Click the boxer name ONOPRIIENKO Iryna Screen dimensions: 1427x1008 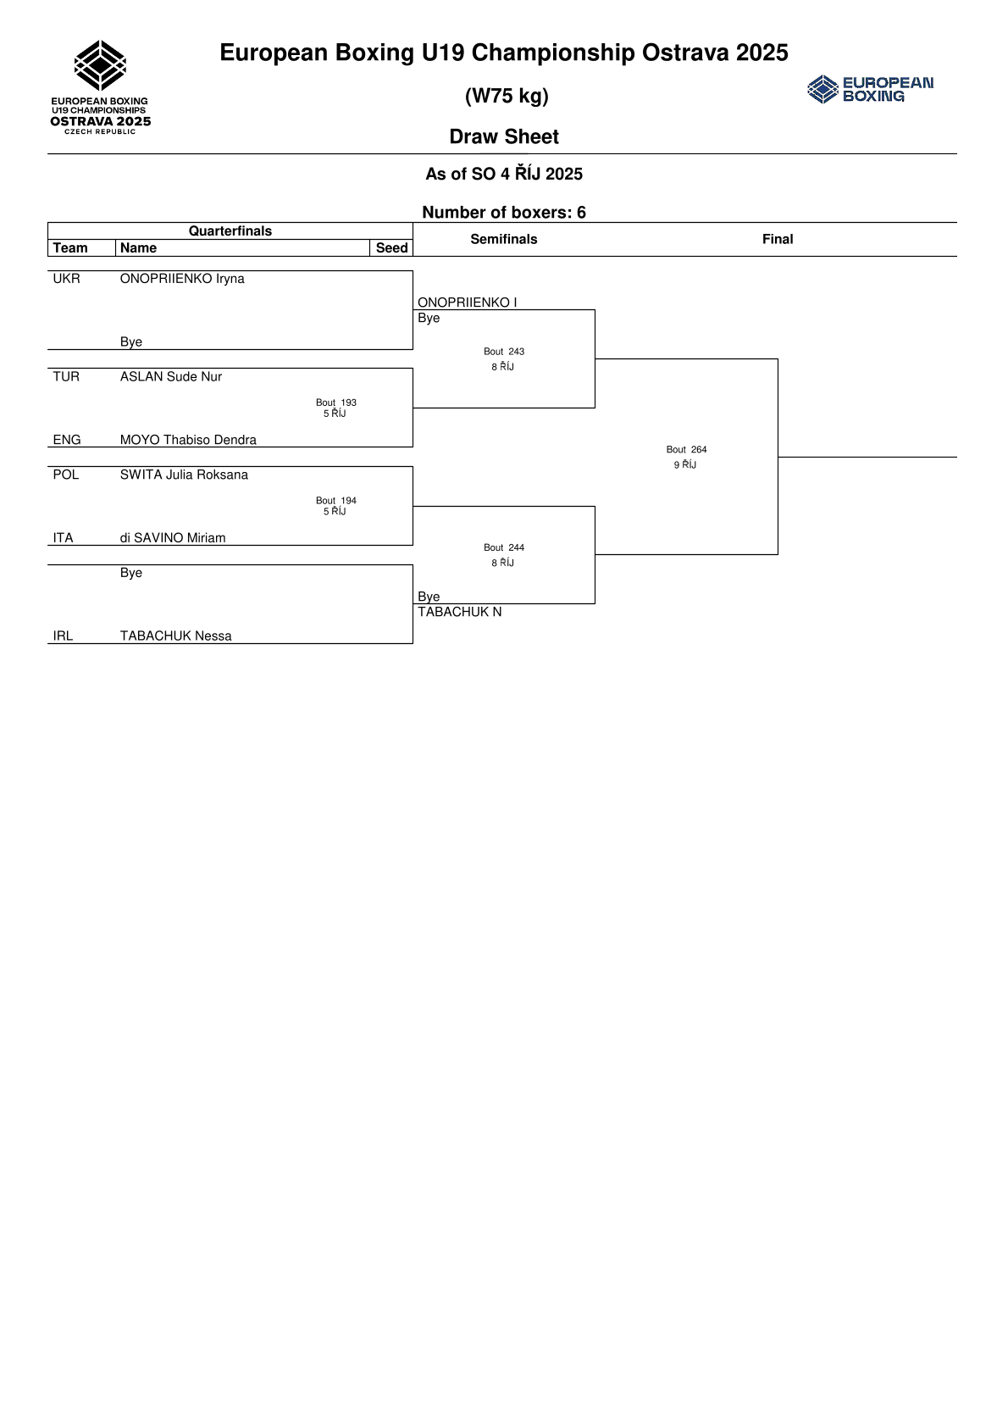click(x=182, y=279)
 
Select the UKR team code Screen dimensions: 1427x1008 click(x=66, y=279)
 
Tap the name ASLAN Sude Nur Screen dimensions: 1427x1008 click(x=171, y=377)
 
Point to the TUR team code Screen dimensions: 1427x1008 click(x=66, y=377)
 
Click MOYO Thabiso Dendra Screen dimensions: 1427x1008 click(x=188, y=440)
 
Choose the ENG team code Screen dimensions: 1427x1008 click(x=67, y=440)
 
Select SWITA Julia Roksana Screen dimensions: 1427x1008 click(x=184, y=475)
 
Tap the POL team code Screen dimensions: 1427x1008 click(x=66, y=475)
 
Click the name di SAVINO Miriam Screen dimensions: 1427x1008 click(x=173, y=538)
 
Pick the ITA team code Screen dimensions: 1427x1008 click(x=64, y=538)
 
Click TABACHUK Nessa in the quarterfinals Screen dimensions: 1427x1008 click(x=175, y=636)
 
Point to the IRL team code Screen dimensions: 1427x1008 click(x=64, y=636)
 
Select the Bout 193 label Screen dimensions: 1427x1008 click(x=336, y=403)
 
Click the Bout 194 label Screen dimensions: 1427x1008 click(x=336, y=501)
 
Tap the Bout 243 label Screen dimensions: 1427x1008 click(x=504, y=352)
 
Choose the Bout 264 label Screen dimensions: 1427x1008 click(x=686, y=450)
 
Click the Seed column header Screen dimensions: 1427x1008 click(x=391, y=248)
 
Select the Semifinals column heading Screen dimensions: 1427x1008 click(x=504, y=240)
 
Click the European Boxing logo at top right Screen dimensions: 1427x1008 click(x=871, y=89)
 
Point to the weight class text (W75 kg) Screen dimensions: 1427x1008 click(x=507, y=96)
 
